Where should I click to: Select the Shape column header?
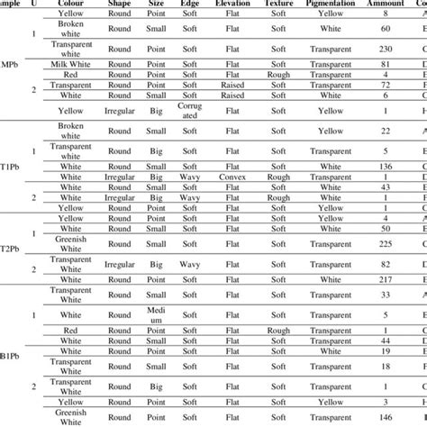120,4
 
